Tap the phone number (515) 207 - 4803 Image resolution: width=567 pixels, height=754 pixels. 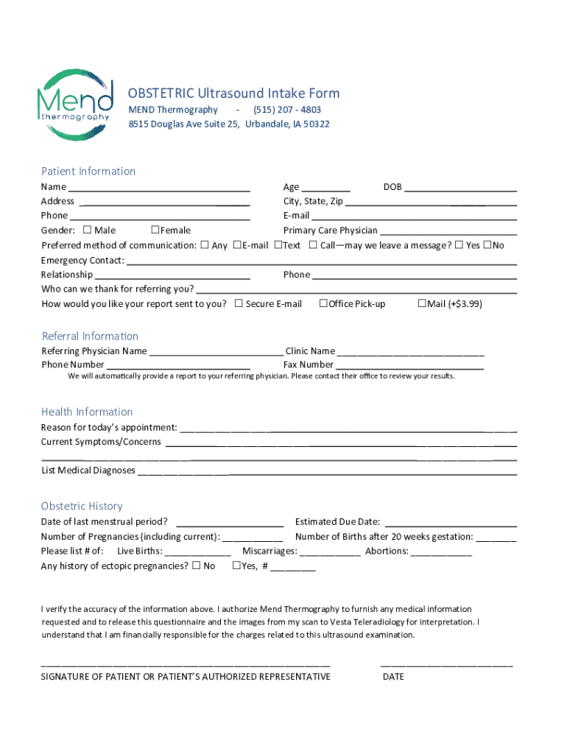(287, 110)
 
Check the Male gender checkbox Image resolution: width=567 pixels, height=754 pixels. (88, 230)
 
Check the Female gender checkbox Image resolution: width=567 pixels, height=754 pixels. (155, 230)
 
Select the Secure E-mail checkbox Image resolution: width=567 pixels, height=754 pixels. (239, 303)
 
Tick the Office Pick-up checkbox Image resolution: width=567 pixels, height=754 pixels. (323, 303)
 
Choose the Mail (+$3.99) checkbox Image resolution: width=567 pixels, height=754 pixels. (422, 303)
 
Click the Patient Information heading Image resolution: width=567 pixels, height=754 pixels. (88, 172)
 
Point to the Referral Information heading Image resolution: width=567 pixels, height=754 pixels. (90, 337)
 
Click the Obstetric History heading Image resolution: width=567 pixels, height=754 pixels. (82, 507)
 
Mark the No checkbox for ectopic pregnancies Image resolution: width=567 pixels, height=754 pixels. (196, 565)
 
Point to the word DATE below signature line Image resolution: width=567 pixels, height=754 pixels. (393, 677)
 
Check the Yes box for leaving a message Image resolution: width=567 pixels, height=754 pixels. (459, 244)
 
